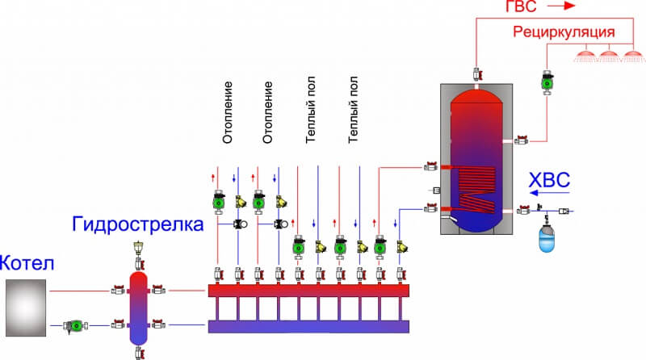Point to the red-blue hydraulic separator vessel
[x=139, y=307]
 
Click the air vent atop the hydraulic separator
[x=139, y=251]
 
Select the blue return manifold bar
[x=308, y=325]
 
